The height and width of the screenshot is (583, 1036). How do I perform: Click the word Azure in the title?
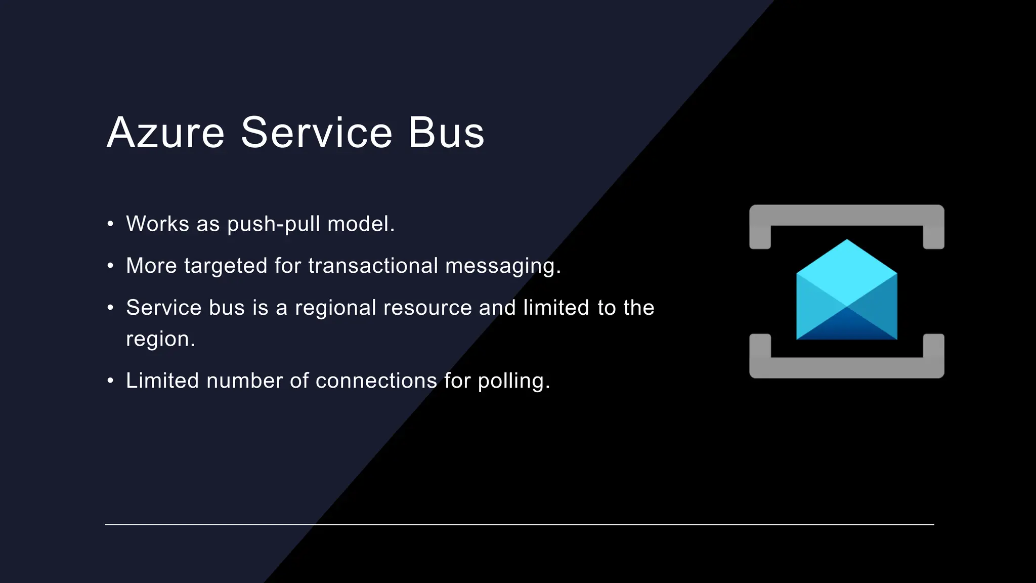(x=165, y=133)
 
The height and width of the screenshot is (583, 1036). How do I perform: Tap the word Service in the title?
(x=317, y=133)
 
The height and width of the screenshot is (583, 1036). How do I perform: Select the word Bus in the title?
(x=446, y=133)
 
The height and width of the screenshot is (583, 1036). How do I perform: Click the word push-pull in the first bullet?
(x=274, y=224)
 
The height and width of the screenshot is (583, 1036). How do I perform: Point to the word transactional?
(x=373, y=266)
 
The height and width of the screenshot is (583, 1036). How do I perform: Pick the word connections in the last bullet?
(x=376, y=381)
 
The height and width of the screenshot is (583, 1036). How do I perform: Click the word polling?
(x=513, y=382)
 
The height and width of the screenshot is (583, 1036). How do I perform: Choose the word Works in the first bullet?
(x=157, y=224)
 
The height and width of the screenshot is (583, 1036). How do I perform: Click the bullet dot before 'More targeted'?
(x=110, y=266)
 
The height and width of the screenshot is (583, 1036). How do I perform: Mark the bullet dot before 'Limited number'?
(x=110, y=381)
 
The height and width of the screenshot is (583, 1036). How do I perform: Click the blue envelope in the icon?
(x=846, y=294)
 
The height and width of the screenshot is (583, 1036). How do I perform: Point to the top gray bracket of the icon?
(x=846, y=216)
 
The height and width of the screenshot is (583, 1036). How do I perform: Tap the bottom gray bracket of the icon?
(x=846, y=367)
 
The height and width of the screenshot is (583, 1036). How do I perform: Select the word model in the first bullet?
(x=360, y=224)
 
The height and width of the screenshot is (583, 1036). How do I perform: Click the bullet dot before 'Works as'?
(x=110, y=224)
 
